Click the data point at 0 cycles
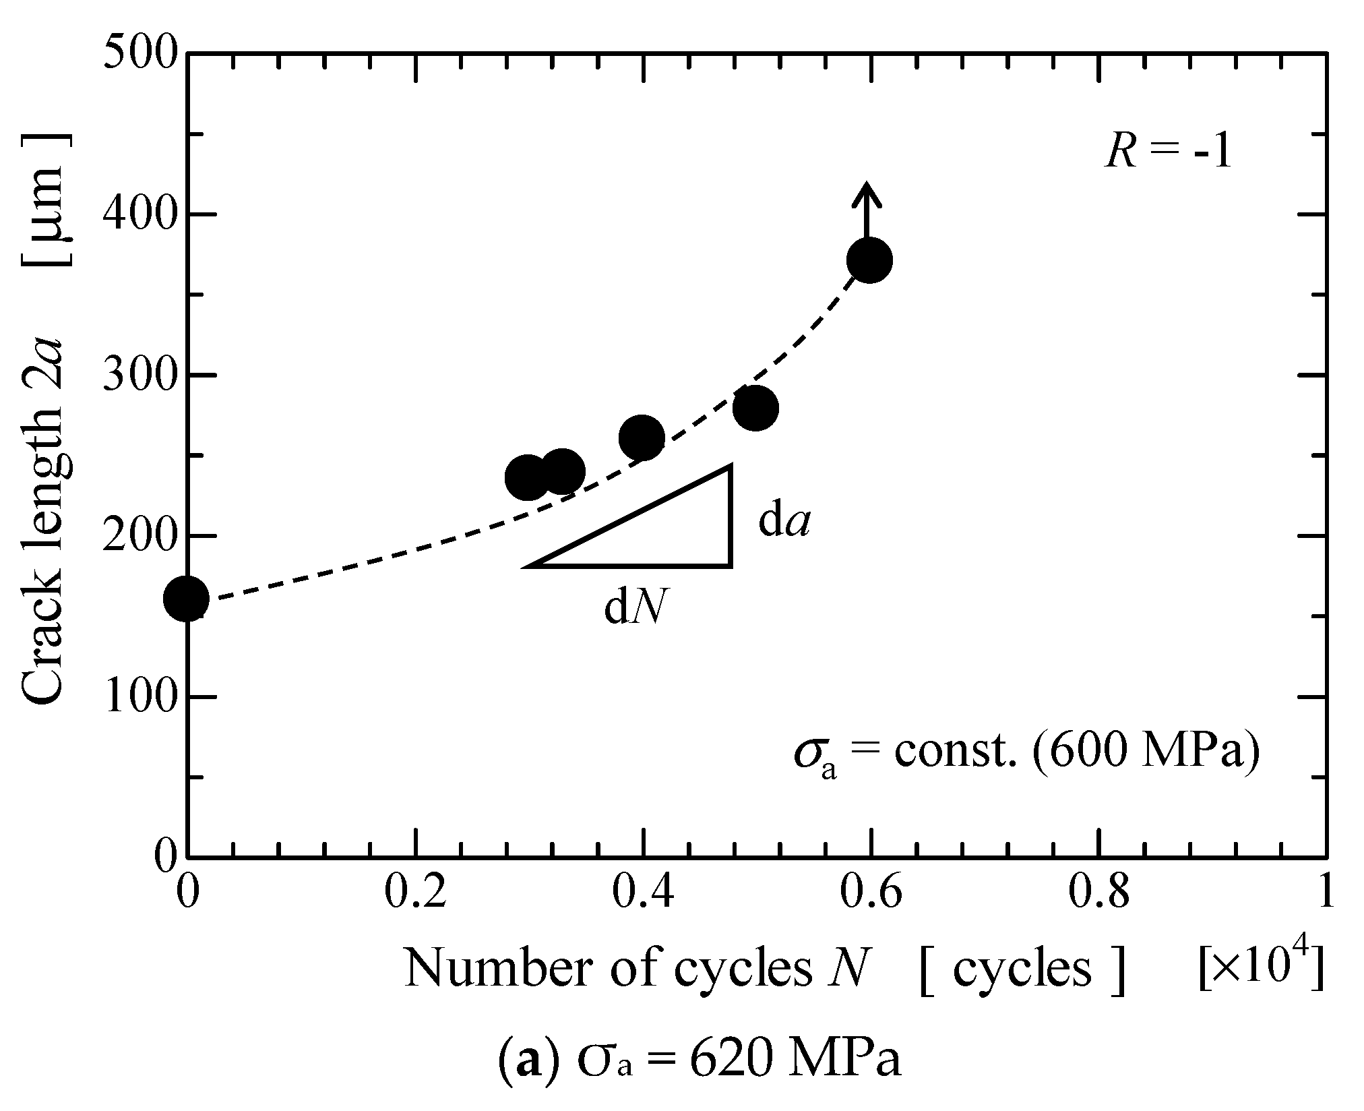pyautogui.click(x=187, y=599)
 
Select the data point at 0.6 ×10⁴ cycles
pyautogui.click(x=869, y=260)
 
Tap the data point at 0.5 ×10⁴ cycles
pyautogui.click(x=755, y=408)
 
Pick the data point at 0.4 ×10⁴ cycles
pyautogui.click(x=642, y=438)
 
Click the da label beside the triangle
pyautogui.click(x=784, y=522)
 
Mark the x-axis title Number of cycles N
pyautogui.click(x=633, y=969)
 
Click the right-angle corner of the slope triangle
pyautogui.click(x=731, y=565)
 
